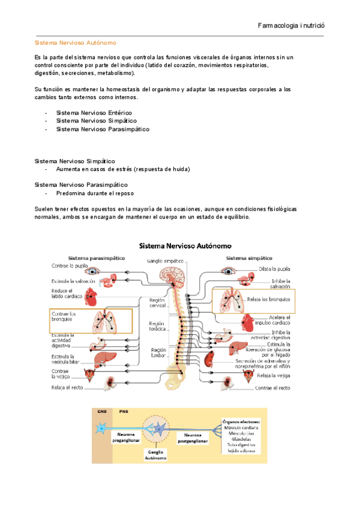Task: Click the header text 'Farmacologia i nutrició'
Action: pos(290,26)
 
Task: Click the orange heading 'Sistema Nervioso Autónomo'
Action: pos(75,43)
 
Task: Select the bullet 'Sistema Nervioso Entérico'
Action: pos(94,112)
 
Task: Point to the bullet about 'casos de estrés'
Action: pos(123,169)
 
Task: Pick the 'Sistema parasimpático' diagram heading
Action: pos(96,257)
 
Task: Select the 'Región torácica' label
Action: pos(157,327)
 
